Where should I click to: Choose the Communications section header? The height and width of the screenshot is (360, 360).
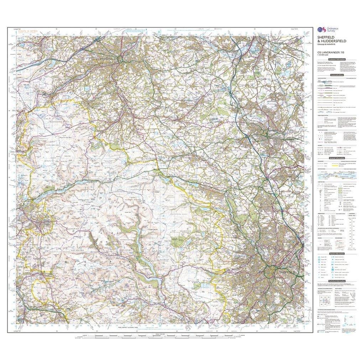pyautogui.click(x=336, y=75)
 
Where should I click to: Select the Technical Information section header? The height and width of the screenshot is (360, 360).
pyautogui.click(x=336, y=281)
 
